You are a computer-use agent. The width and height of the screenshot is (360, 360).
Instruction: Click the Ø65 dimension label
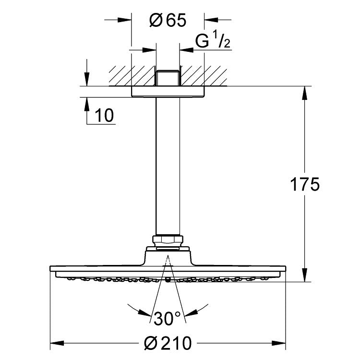click(168, 21)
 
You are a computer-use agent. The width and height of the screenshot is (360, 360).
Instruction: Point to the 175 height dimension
click(304, 184)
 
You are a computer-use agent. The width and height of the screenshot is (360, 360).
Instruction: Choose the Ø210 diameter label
click(168, 343)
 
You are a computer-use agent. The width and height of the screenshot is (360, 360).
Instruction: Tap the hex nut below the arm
click(168, 240)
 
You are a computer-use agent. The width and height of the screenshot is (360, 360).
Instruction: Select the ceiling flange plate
click(168, 92)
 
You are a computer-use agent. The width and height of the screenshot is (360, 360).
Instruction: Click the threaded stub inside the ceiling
click(168, 77)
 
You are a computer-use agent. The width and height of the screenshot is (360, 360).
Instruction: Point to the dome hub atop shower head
click(168, 254)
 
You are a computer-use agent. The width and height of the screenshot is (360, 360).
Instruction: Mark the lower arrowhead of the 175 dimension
click(304, 277)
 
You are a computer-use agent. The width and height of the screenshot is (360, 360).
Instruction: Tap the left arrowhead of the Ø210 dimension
click(55, 343)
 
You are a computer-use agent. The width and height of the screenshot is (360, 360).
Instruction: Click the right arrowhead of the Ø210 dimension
click(282, 343)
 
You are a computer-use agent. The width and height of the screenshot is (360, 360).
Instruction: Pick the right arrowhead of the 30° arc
click(205, 307)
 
